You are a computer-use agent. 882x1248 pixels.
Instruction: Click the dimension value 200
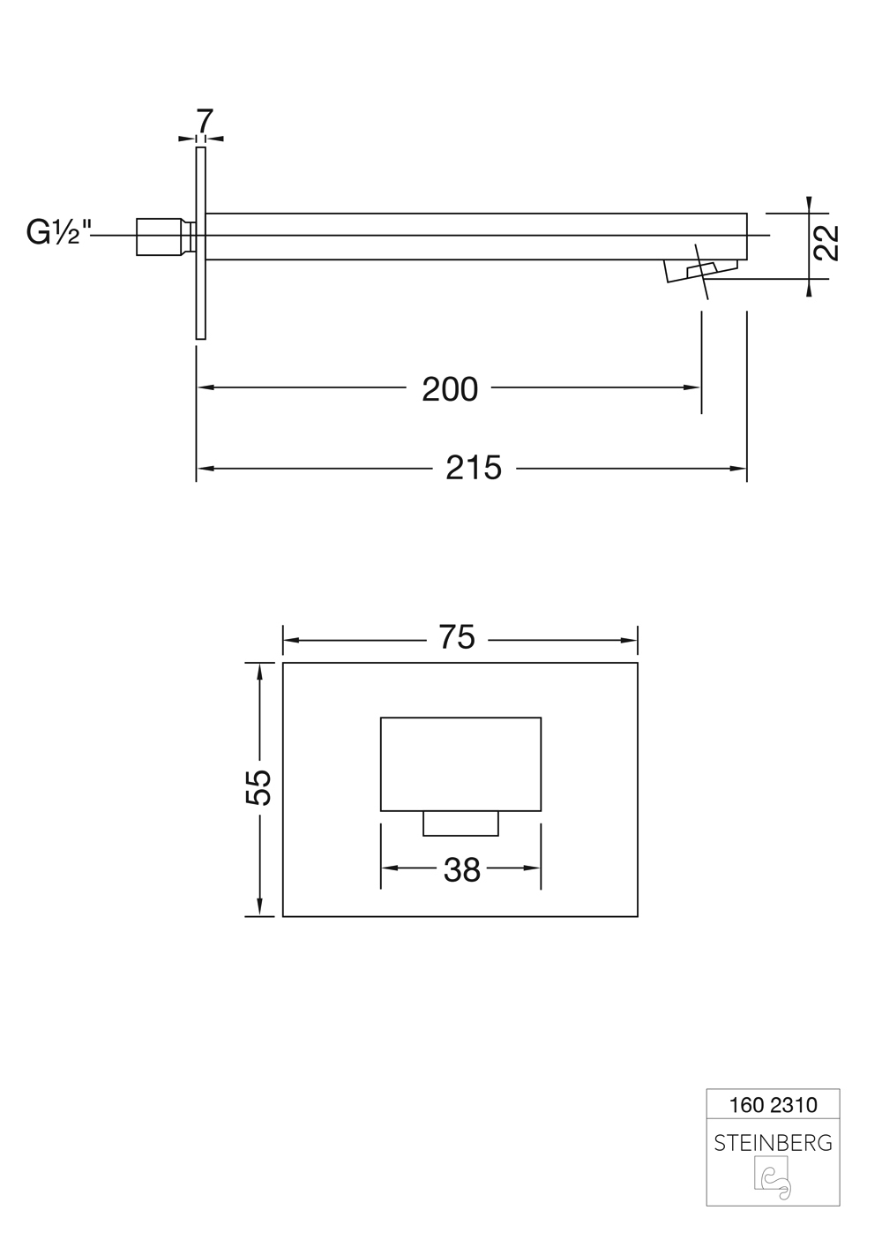[450, 388]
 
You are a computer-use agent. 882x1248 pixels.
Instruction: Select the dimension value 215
[474, 468]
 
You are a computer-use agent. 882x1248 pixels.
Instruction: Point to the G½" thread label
[58, 234]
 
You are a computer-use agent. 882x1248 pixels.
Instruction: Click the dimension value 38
[461, 870]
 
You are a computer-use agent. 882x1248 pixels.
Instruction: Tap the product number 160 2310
[773, 1105]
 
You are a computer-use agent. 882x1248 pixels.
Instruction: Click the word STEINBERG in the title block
[773, 1143]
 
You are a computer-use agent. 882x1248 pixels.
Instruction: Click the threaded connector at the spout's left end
[164, 237]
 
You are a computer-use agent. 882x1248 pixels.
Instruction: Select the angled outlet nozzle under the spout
[701, 271]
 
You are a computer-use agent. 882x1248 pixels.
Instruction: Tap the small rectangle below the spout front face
[460, 823]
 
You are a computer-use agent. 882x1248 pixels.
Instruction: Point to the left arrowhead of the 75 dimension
[290, 641]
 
